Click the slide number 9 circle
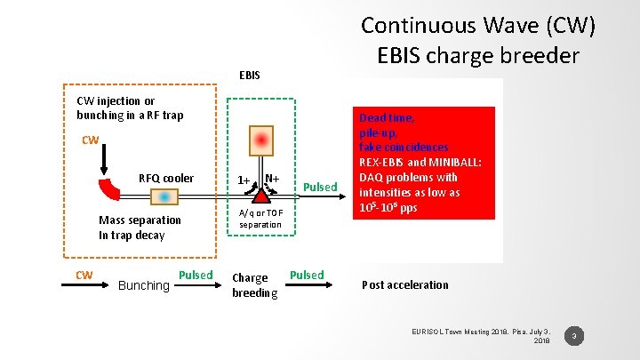pyautogui.click(x=575, y=336)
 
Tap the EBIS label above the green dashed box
pyautogui.click(x=250, y=75)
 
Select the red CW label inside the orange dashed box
pyautogui.click(x=90, y=140)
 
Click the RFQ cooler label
pyautogui.click(x=166, y=178)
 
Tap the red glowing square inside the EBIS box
pyautogui.click(x=260, y=140)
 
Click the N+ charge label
pyautogui.click(x=272, y=180)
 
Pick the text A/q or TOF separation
pyautogui.click(x=260, y=218)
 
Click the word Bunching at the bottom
pyautogui.click(x=143, y=285)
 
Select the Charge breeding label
pyautogui.click(x=254, y=285)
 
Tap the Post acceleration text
pyautogui.click(x=404, y=284)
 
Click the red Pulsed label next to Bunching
pyautogui.click(x=196, y=275)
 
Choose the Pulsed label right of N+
pyautogui.click(x=320, y=187)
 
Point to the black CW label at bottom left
pyautogui.click(x=84, y=275)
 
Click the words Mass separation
pyautogui.click(x=140, y=220)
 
